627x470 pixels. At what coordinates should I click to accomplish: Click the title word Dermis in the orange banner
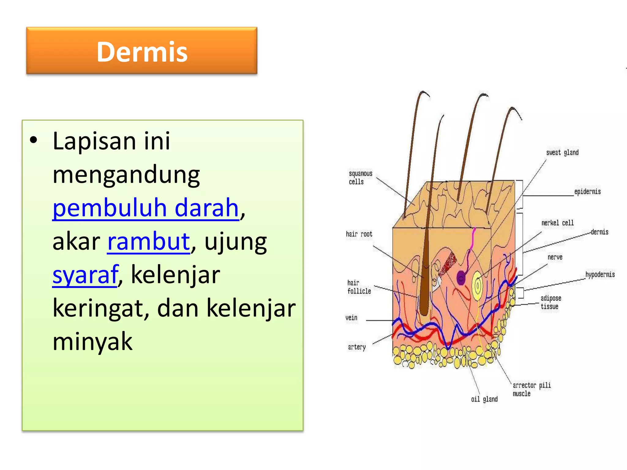pyautogui.click(x=142, y=52)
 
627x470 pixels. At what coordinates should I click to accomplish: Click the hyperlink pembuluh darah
pyautogui.click(x=145, y=208)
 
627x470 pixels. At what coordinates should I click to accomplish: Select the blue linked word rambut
pyautogui.click(x=149, y=241)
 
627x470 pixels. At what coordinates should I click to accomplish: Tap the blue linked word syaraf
pyautogui.click(x=85, y=274)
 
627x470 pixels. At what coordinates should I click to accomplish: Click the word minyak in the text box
pyautogui.click(x=92, y=341)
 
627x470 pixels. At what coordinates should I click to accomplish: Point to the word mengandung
pyautogui.click(x=126, y=174)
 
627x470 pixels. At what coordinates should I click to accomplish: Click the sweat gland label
pyautogui.click(x=562, y=152)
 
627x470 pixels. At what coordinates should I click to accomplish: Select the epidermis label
pyautogui.click(x=587, y=192)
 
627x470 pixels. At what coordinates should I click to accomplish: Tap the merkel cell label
pyautogui.click(x=557, y=223)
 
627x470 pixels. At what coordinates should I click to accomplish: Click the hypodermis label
pyautogui.click(x=600, y=274)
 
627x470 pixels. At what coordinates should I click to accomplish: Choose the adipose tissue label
pyautogui.click(x=550, y=302)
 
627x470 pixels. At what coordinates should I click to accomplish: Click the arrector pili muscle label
pyautogui.click(x=531, y=389)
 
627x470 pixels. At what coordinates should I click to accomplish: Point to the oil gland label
pyautogui.click(x=484, y=399)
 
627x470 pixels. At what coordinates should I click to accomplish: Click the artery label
pyautogui.click(x=357, y=347)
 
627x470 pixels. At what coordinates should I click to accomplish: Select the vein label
pyautogui.click(x=351, y=318)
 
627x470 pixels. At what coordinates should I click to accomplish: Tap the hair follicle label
pyautogui.click(x=359, y=287)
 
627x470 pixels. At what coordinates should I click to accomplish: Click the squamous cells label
pyautogui.click(x=360, y=177)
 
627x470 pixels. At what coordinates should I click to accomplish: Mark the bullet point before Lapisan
pyautogui.click(x=33, y=141)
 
